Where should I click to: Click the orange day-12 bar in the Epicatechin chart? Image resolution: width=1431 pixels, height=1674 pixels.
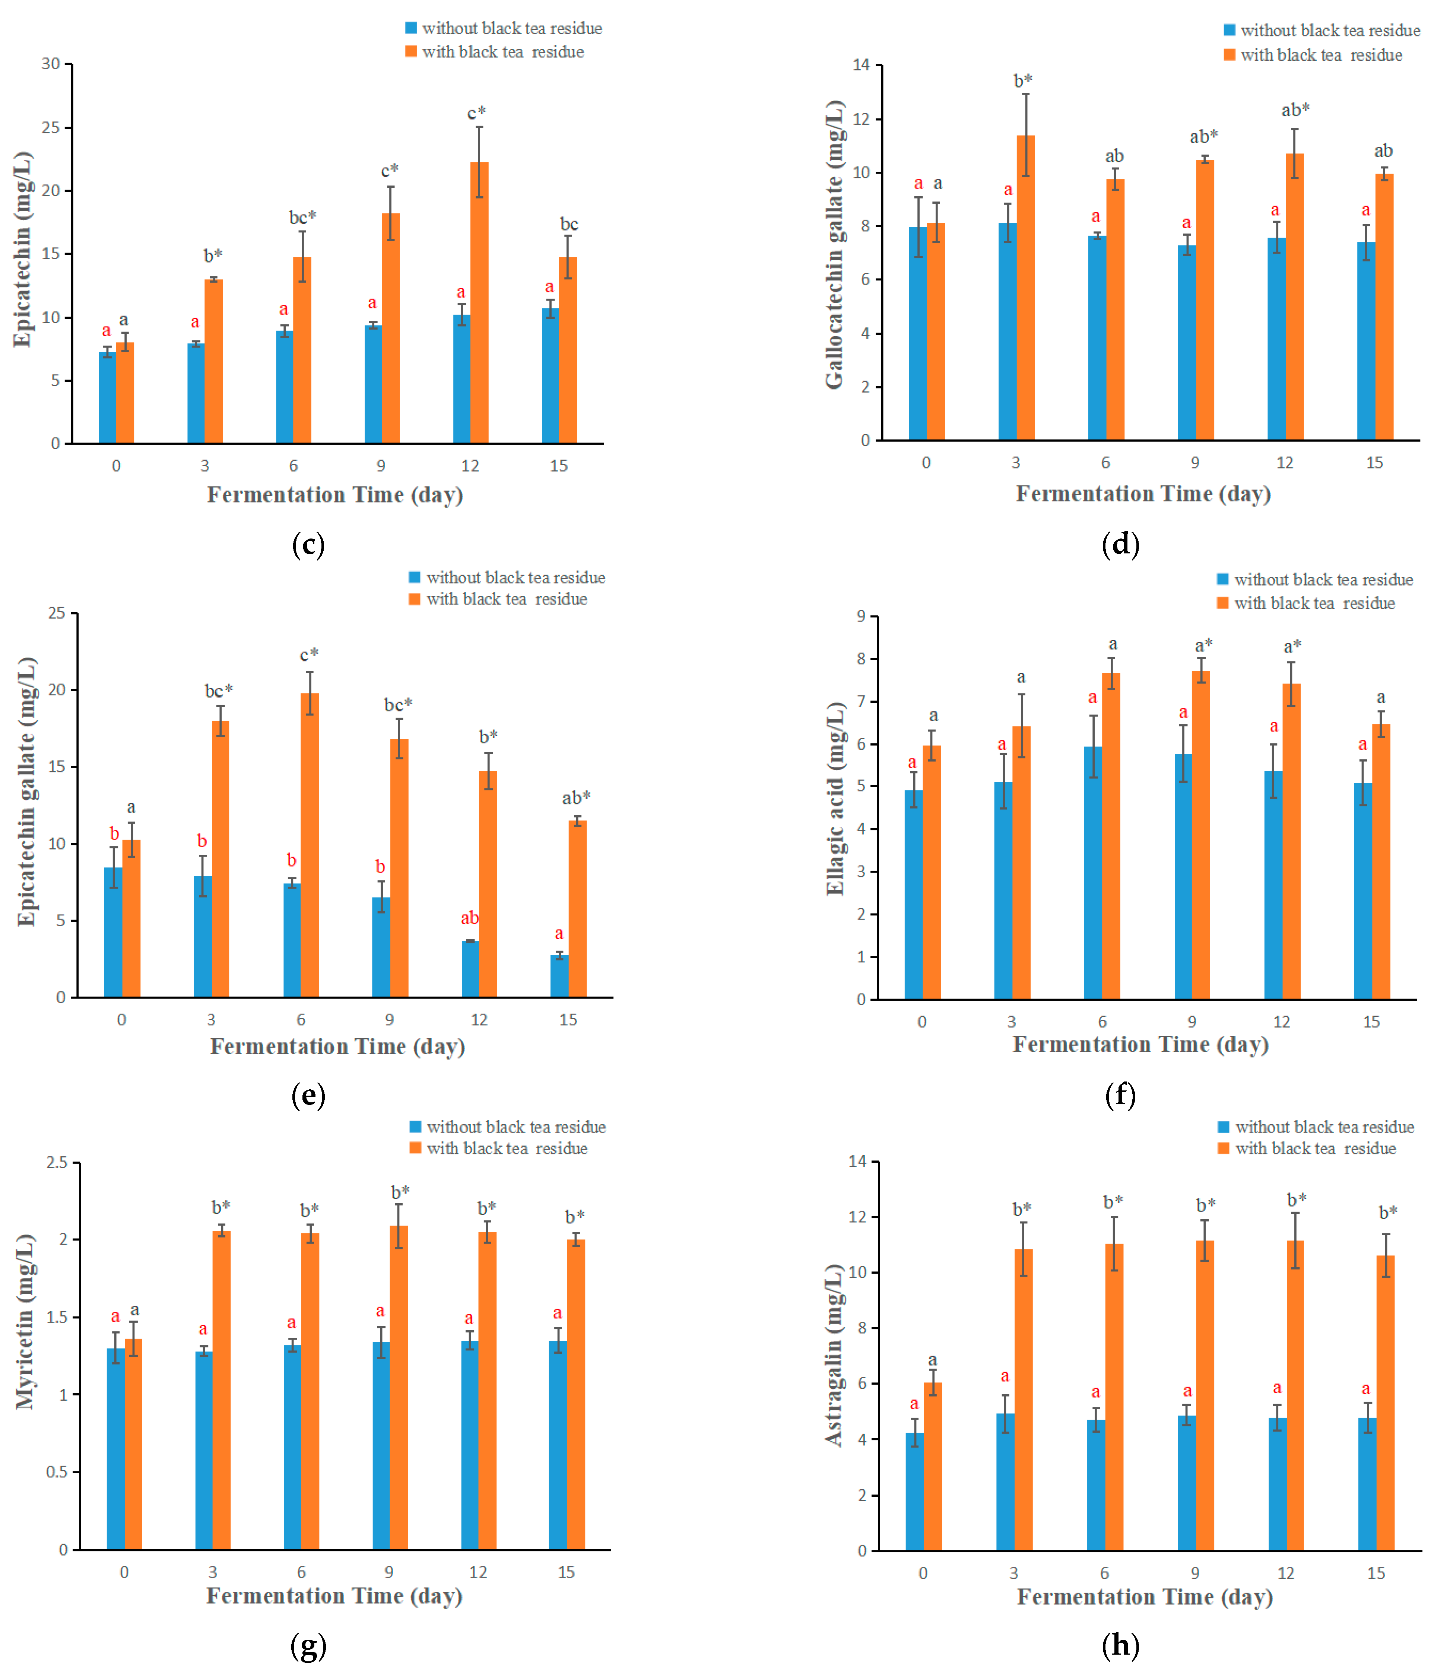click(479, 303)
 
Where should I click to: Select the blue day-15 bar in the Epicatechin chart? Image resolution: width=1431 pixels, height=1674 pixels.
click(549, 376)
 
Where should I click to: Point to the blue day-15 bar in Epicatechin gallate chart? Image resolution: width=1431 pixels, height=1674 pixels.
click(559, 976)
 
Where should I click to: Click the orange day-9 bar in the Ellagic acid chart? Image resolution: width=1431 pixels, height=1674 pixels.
click(1201, 835)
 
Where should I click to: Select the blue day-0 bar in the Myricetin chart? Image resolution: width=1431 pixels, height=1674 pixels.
click(115, 1449)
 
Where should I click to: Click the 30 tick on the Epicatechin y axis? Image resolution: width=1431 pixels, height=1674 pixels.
click(51, 64)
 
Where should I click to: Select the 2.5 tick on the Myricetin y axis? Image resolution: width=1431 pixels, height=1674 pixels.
click(57, 1163)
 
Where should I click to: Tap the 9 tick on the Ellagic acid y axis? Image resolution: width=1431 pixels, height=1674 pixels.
click(862, 616)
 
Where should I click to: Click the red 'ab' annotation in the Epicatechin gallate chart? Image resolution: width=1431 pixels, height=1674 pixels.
click(469, 918)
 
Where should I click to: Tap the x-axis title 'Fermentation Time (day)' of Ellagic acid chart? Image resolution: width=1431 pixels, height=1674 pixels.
click(1140, 1045)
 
